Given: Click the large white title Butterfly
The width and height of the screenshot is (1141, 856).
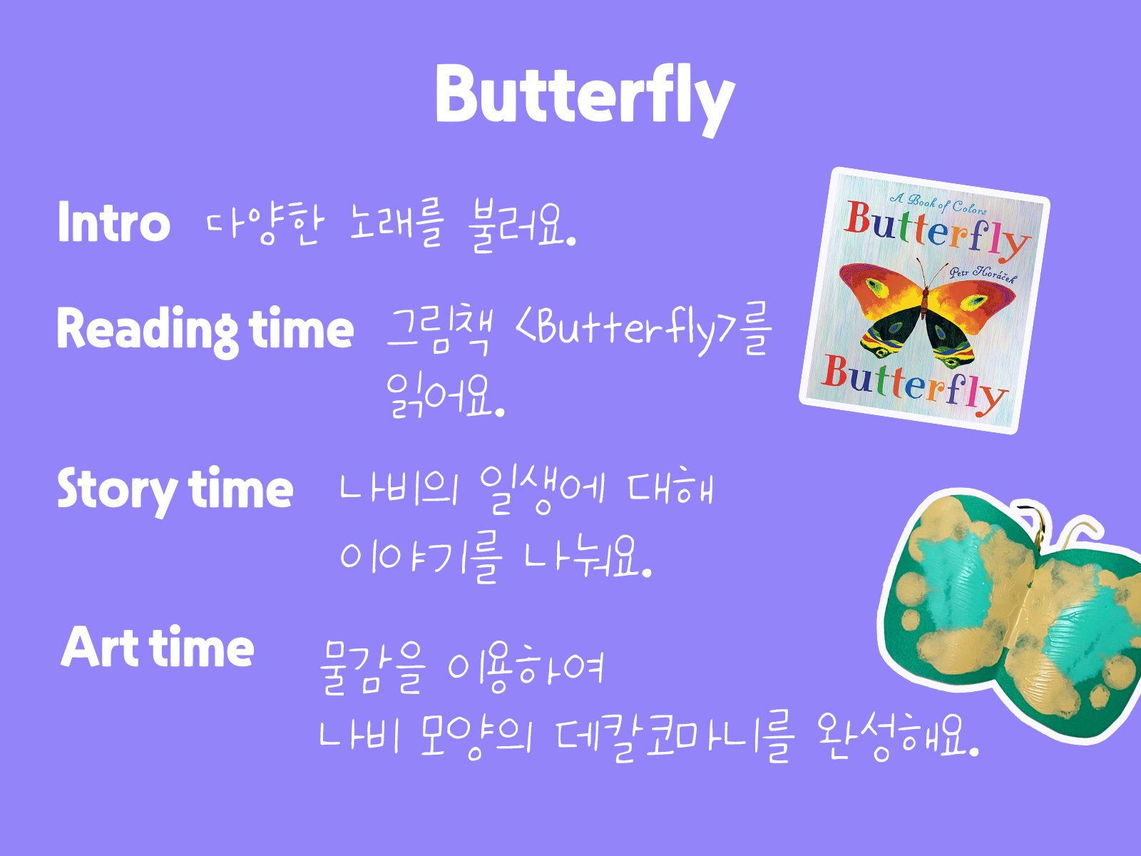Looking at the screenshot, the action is click(585, 98).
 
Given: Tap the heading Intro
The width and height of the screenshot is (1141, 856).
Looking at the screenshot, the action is click(114, 221).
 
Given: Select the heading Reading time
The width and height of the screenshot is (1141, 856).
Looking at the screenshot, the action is click(205, 331).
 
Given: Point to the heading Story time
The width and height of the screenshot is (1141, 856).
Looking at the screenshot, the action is click(175, 490).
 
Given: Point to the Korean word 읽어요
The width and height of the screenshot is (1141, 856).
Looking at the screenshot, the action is click(445, 397).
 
